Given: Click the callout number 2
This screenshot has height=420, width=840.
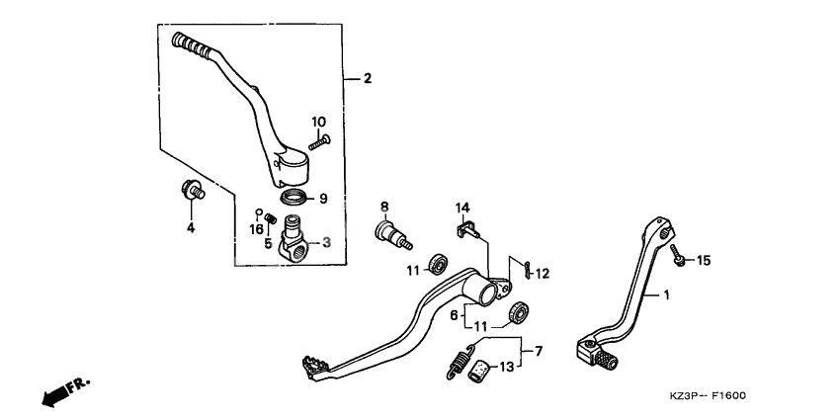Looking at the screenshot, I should click(x=368, y=78).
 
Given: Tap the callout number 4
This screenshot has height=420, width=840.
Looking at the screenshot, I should click(x=192, y=227).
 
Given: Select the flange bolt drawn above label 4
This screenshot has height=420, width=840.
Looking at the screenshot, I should click(x=189, y=189).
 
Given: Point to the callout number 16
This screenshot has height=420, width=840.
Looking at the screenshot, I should click(x=256, y=228).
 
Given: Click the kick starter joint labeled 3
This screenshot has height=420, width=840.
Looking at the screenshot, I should click(x=295, y=241).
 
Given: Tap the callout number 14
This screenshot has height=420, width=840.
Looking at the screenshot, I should click(x=462, y=208).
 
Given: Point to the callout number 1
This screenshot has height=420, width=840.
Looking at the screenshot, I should click(x=665, y=294).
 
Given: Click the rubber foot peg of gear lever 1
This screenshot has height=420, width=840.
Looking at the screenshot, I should click(x=596, y=353).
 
